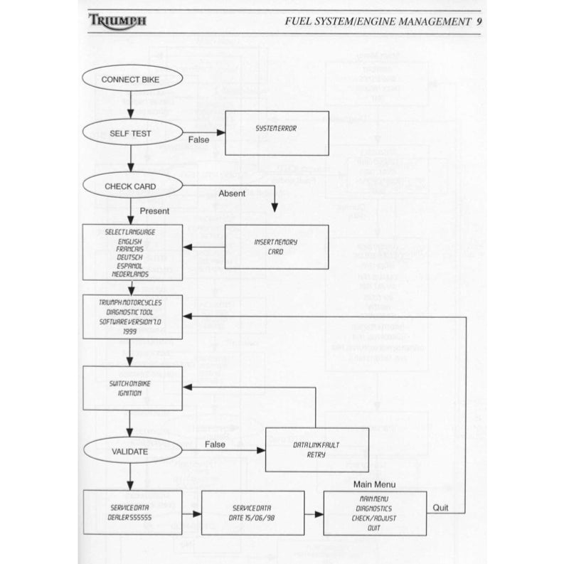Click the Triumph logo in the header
point(117,21)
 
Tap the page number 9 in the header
point(481,21)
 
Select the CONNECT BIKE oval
point(130,80)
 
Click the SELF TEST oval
point(130,133)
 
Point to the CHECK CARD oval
point(130,186)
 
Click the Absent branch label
point(232,193)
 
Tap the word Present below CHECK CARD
point(154,211)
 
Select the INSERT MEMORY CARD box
point(276,247)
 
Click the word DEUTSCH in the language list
point(130,257)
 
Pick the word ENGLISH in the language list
point(130,242)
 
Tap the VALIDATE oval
point(130,451)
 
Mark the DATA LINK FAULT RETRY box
point(316,449)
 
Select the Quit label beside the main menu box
point(441,508)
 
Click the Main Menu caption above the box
point(374,484)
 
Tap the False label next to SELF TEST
point(199,140)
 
